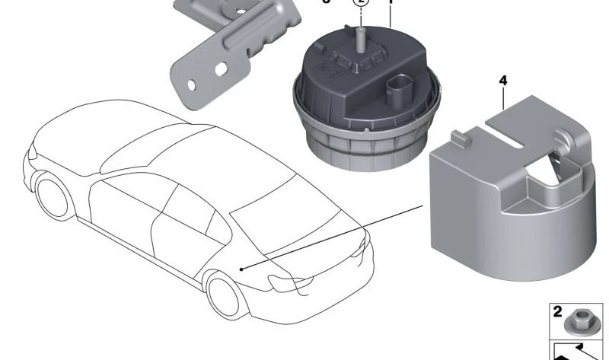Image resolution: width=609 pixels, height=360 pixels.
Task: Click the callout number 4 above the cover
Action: click(x=502, y=80)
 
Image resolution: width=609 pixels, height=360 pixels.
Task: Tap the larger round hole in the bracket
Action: click(x=221, y=68)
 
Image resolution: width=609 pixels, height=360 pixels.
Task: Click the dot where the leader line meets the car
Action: click(x=241, y=269)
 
